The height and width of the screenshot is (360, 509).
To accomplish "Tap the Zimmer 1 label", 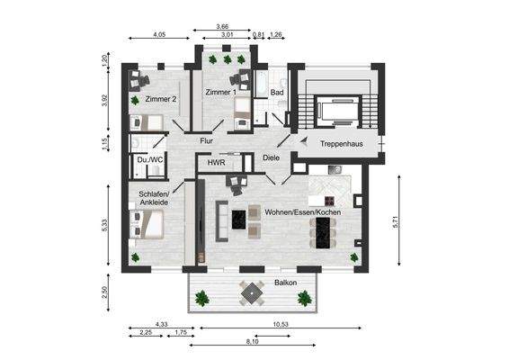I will point(220,93).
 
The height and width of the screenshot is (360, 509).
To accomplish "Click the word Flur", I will point(206,140).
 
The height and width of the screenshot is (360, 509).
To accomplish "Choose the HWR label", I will point(216,164).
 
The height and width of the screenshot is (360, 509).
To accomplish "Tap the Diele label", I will point(272,158).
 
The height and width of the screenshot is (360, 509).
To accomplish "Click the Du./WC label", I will point(149,160).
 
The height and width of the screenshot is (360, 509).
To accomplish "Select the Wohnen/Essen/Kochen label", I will point(302,213).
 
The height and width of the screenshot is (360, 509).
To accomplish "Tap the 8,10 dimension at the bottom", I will point(253,343).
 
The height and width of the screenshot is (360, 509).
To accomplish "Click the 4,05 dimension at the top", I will point(159,35).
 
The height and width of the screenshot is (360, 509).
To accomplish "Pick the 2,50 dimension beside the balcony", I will point(104,292).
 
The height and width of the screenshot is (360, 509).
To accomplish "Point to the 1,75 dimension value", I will point(180,333).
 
